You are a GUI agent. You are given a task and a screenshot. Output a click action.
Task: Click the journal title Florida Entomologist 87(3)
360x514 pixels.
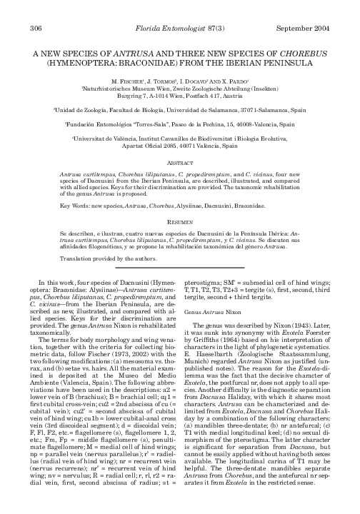[180, 29]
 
